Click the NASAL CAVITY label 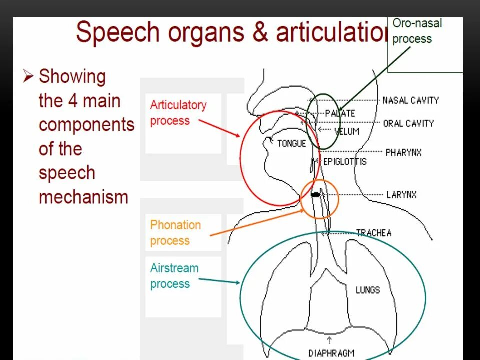(410, 100)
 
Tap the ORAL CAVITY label (408, 123)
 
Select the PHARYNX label (403, 152)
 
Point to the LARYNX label (401, 195)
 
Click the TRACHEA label (373, 233)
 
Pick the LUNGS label (368, 290)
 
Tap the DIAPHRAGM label (331, 353)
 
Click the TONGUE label (291, 144)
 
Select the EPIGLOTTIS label (345, 161)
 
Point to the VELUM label (346, 132)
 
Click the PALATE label (340, 113)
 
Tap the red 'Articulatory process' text (178, 113)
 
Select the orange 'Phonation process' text (175, 233)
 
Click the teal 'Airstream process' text (174, 276)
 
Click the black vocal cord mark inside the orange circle (315, 195)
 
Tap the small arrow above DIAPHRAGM (329, 341)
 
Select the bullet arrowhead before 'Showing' (28, 76)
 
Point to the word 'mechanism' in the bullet (83, 197)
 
